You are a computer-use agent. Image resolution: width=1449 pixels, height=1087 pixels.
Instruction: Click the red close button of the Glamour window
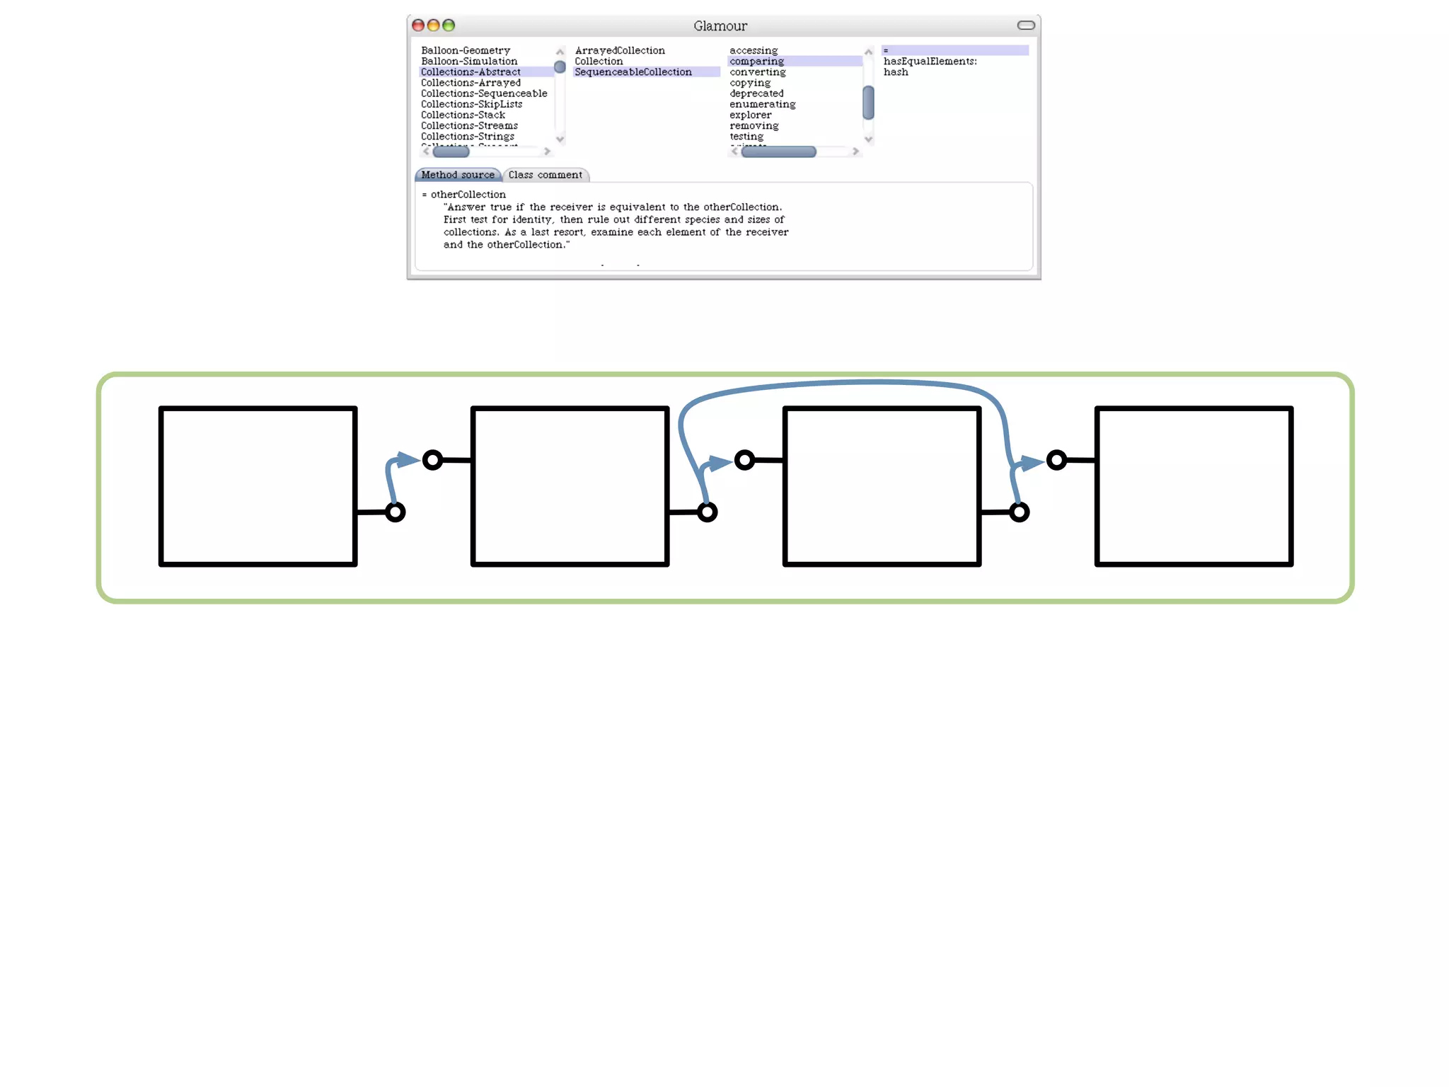point(418,25)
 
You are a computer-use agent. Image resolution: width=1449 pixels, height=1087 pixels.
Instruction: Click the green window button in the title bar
point(449,25)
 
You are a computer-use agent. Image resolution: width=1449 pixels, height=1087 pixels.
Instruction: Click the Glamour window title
point(720,26)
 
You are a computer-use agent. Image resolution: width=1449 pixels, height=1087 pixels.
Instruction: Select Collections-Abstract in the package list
point(471,72)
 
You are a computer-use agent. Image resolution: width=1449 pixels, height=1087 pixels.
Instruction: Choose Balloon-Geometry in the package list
point(466,50)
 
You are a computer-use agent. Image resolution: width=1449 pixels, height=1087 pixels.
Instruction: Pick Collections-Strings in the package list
point(468,137)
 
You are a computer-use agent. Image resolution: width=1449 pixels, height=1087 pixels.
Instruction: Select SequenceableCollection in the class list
point(633,72)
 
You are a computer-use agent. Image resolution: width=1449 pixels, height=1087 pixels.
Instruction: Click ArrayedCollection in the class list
point(620,50)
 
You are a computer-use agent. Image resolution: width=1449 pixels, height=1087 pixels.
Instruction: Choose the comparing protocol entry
point(757,62)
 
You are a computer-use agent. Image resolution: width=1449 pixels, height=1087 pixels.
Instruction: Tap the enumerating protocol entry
point(763,104)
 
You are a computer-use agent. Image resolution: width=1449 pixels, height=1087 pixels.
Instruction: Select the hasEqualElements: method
point(930,62)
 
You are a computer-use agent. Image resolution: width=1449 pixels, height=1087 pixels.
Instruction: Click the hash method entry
point(896,72)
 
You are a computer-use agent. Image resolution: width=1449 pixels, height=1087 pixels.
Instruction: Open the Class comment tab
point(545,175)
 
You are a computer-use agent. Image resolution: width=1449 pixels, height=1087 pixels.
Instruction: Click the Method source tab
point(458,175)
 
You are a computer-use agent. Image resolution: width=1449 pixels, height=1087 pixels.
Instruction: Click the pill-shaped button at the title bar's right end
point(1026,25)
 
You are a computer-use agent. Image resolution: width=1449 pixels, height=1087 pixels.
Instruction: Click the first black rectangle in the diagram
point(258,486)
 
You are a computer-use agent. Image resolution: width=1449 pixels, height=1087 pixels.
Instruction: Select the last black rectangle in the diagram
point(1194,486)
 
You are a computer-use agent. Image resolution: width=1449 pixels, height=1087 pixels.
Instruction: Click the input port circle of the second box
point(433,460)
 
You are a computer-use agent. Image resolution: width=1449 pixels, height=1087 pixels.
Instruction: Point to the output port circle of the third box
point(1020,512)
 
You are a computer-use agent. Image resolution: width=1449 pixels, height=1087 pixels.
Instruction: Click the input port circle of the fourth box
point(1057,460)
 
